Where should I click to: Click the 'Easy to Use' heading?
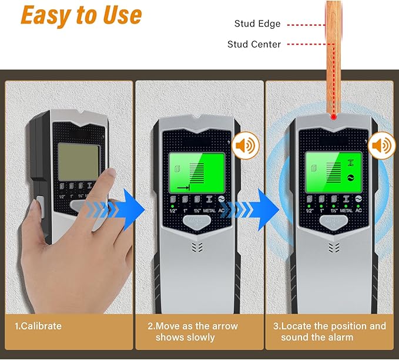point(81,16)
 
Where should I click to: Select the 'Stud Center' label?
point(254,44)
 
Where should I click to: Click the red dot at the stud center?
point(333,118)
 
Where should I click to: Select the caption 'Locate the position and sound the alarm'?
point(333,332)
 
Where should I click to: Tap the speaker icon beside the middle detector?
point(243,146)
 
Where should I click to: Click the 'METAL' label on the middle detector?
point(209,211)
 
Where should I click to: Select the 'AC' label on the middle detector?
point(222,211)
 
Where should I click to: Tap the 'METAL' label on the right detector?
point(346,211)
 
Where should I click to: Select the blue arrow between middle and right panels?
point(259,209)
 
